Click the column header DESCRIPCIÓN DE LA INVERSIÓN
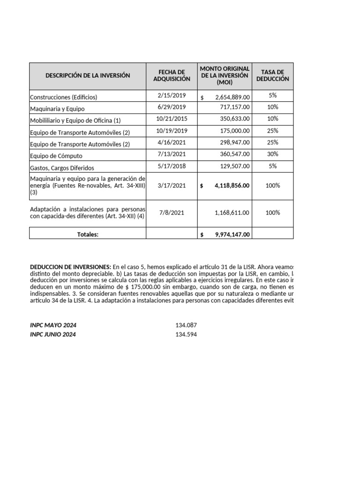(x=88, y=75)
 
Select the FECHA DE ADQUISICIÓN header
(x=172, y=75)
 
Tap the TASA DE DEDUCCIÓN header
(x=272, y=75)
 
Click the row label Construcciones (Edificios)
(x=63, y=97)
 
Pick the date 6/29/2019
(x=172, y=107)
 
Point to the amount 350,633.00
(x=235, y=119)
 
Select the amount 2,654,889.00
(x=232, y=97)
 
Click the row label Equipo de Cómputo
(x=56, y=156)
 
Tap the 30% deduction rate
(x=272, y=154)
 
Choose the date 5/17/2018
(x=172, y=166)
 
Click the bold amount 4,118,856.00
(x=232, y=186)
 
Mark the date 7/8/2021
(x=172, y=213)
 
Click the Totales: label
(x=88, y=235)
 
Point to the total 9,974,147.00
(x=232, y=235)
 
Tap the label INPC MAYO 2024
(x=53, y=325)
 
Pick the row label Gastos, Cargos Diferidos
(x=62, y=167)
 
